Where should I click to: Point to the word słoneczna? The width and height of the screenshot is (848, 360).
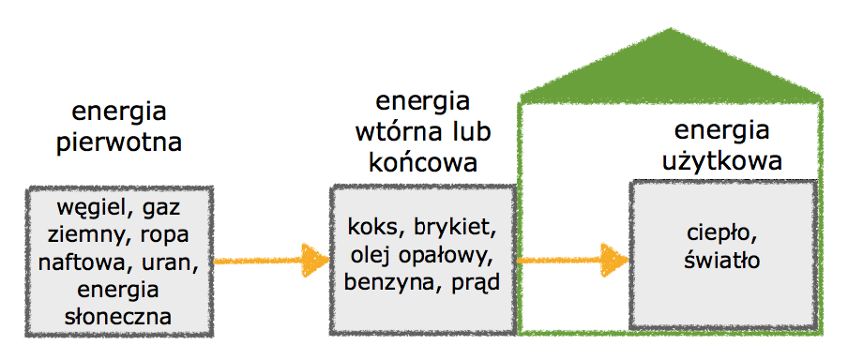pos(118,316)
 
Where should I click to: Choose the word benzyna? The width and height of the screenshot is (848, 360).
pos(385,281)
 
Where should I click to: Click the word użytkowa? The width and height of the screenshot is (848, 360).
pos(721,160)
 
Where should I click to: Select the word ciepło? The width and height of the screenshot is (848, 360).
pos(719,232)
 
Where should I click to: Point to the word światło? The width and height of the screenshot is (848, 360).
pos(719,258)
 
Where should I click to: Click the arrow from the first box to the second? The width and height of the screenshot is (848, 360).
pos(271,258)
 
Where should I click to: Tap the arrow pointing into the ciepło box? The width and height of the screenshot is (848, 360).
pos(572,258)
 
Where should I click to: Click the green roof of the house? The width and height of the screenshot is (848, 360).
pos(672,70)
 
